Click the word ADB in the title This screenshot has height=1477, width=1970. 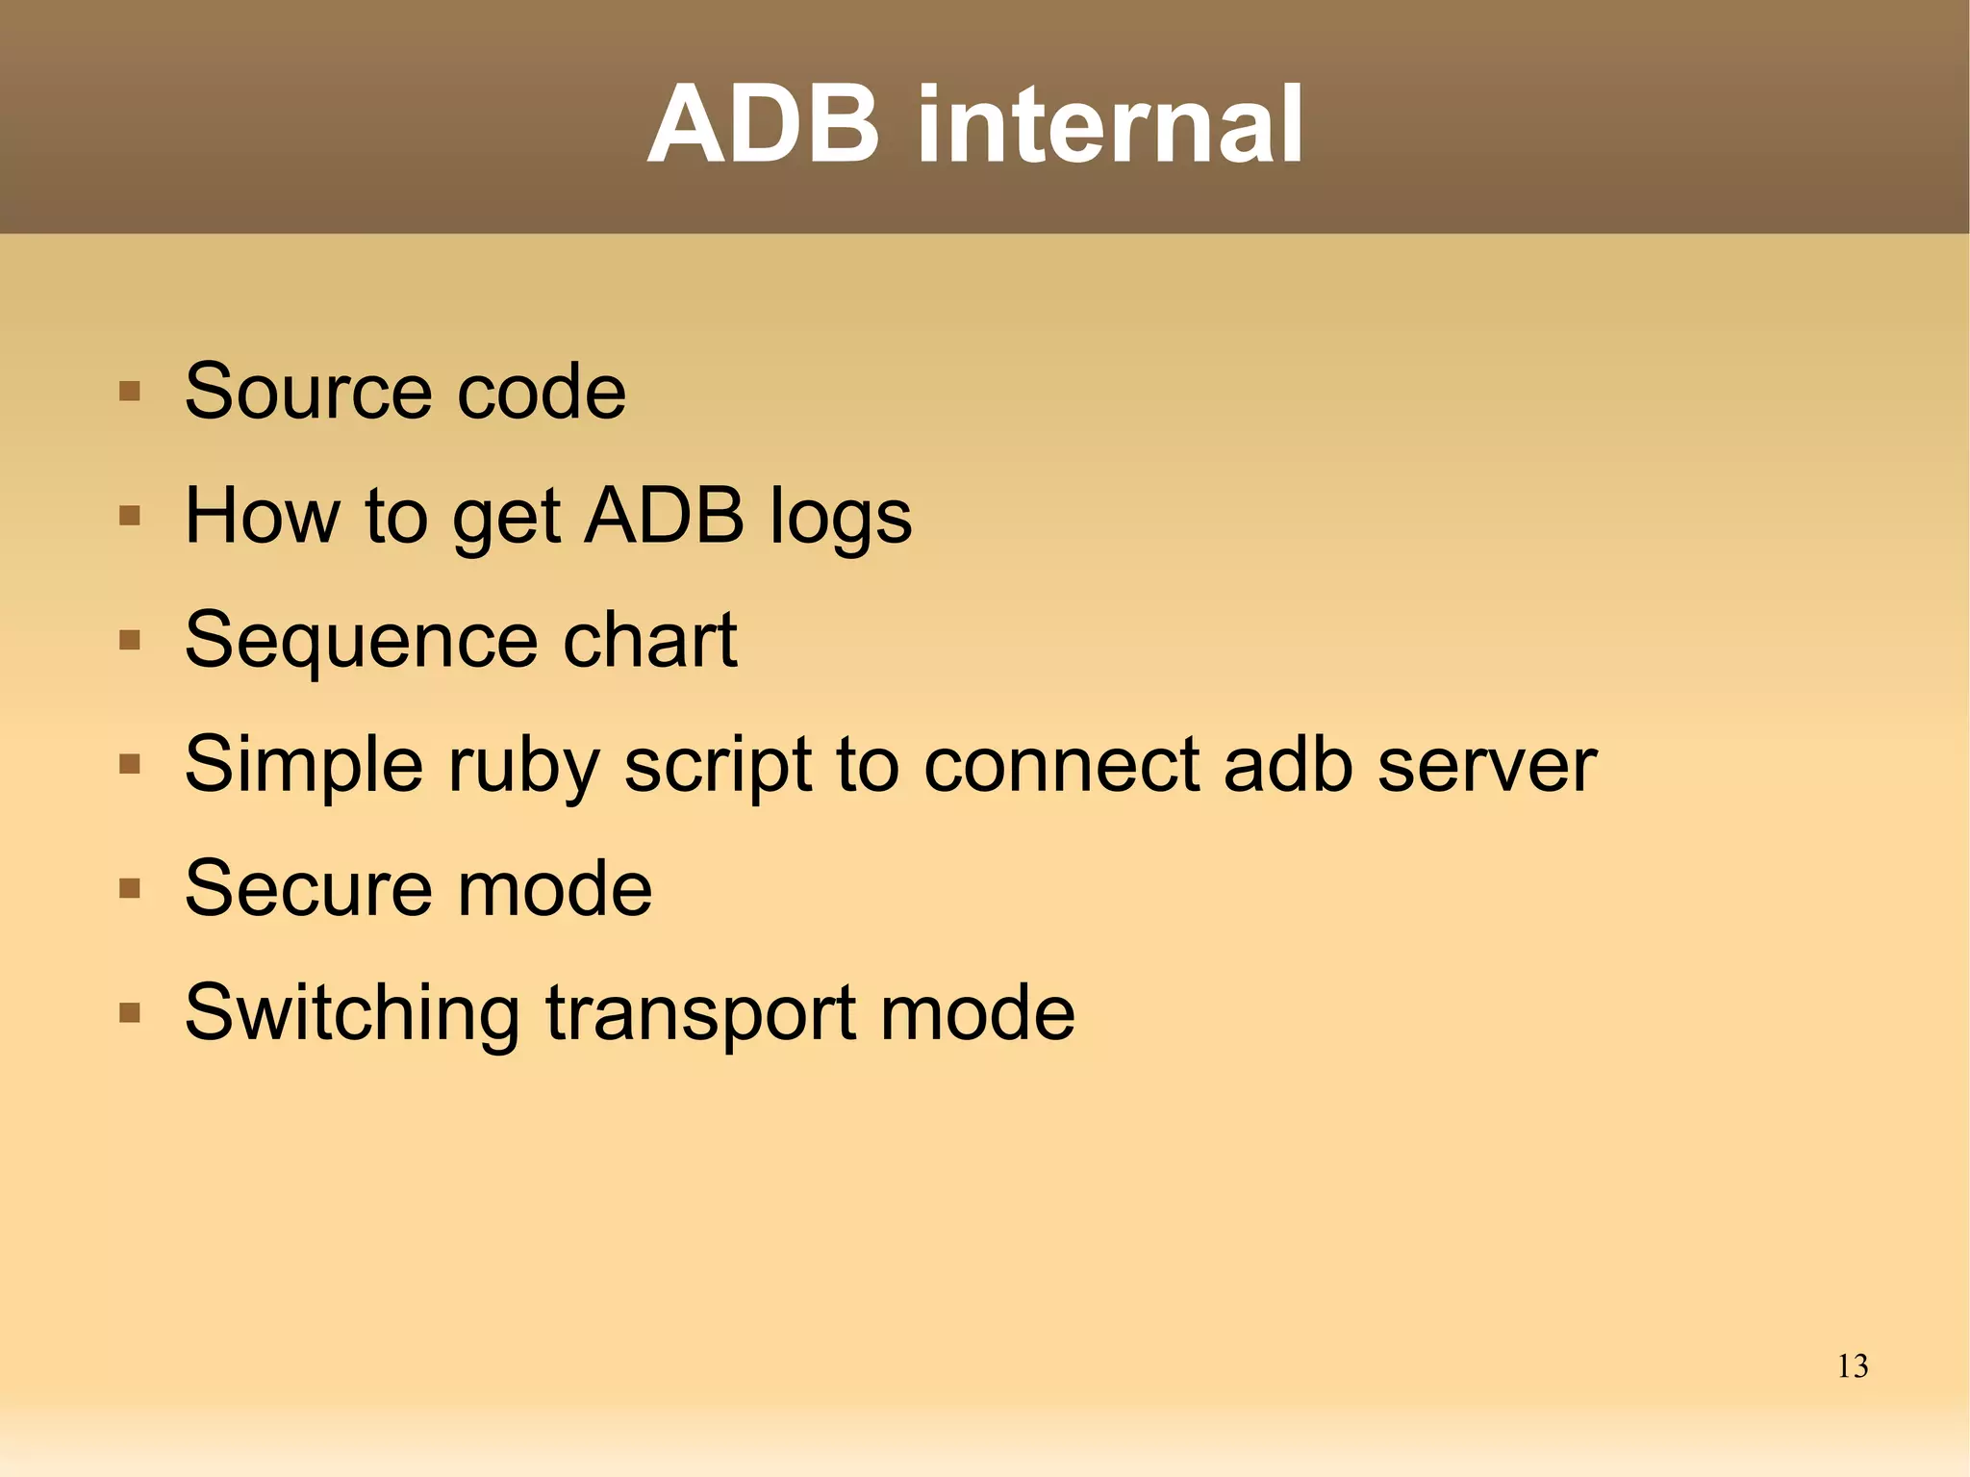tap(763, 125)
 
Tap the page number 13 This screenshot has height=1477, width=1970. tap(1852, 1365)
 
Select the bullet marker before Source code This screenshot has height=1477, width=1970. tap(130, 392)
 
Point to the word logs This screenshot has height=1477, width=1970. tap(841, 517)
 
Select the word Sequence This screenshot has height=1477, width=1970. tap(361, 641)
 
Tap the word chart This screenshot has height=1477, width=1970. tap(649, 641)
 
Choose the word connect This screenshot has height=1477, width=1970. tap(1061, 765)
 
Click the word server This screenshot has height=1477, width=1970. tap(1486, 765)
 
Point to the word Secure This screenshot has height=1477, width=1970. tap(308, 888)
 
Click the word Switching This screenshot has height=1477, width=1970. tap(351, 1012)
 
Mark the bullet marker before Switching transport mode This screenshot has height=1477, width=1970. tap(130, 1012)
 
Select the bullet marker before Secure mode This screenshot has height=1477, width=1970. tap(130, 888)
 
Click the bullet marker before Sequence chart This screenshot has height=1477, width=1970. tap(130, 641)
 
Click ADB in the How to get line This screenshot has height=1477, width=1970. tap(665, 517)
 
